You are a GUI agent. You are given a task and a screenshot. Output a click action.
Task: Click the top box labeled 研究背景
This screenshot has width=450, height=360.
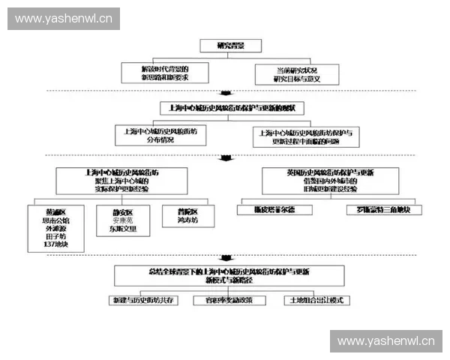(230, 45)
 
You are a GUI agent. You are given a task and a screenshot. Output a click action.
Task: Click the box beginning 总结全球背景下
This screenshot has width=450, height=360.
(229, 274)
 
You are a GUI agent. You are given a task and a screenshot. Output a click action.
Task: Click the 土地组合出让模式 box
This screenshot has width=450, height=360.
(316, 301)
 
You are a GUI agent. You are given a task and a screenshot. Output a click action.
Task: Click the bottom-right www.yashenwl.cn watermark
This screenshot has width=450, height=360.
(385, 341)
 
